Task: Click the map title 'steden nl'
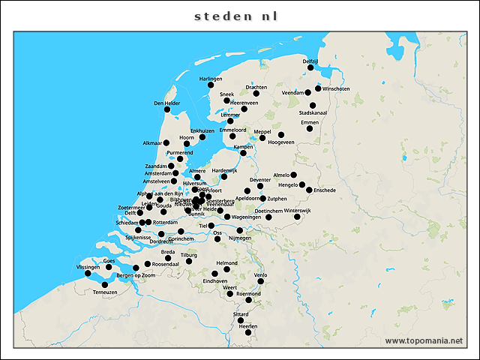coord(236,15)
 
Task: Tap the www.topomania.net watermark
coord(424,340)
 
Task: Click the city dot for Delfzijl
coord(310,67)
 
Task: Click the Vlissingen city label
coord(88,267)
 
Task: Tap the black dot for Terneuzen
coord(105,285)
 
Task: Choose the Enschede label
coord(325,190)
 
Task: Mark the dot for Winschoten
coord(318,88)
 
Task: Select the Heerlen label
coord(247,327)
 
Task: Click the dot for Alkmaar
coord(166,142)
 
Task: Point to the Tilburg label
coord(188,255)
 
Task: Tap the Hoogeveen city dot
coord(281,135)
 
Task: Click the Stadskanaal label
coord(313,112)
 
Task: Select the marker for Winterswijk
coord(297,217)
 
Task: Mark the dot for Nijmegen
coord(240,230)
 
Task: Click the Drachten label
coord(256,87)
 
